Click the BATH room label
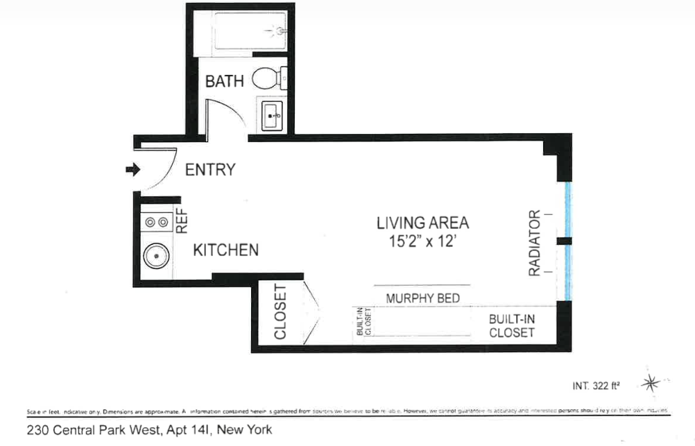pos(224,80)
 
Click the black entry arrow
pos(132,169)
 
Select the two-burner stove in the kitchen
pos(157,222)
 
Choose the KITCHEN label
pos(225,250)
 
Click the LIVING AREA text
pos(422,223)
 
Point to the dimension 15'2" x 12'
pos(422,243)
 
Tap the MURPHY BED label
pos(422,298)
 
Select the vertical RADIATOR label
pos(535,243)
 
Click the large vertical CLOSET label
pos(280,312)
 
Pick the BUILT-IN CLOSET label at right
pos(512,325)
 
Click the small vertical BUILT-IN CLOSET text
pos(363,323)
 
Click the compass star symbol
pos(651,381)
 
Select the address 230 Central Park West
pos(149,430)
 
